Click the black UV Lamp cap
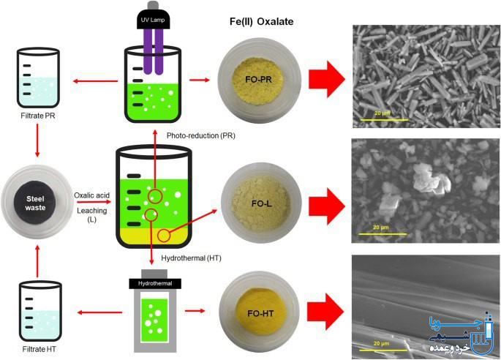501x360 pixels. [154, 20]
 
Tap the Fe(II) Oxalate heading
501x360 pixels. [261, 21]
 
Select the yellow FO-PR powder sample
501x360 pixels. [257, 79]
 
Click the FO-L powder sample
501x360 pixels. [261, 203]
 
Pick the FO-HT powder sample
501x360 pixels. [260, 313]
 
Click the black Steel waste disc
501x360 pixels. [35, 203]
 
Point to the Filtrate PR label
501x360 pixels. [38, 116]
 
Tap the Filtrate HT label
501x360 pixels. [39, 349]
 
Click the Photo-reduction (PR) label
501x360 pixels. [201, 135]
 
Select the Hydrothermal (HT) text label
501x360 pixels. [191, 258]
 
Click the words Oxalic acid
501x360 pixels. [91, 195]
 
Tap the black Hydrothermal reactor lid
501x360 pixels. [155, 284]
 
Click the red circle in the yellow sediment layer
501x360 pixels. [164, 236]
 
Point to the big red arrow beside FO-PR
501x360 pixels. [326, 79]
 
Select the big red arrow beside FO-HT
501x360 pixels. [325, 312]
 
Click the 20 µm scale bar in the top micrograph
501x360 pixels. [385, 120]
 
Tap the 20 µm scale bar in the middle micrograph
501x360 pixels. [383, 233]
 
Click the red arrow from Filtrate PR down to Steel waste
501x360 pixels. [37, 140]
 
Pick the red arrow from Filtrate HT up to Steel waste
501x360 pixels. [37, 261]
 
